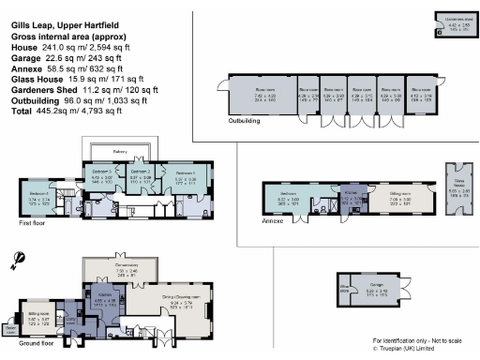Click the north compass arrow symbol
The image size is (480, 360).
tap(18, 257)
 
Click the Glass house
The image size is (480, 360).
tap(461, 193)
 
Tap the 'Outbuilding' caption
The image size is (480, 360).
tap(246, 121)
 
